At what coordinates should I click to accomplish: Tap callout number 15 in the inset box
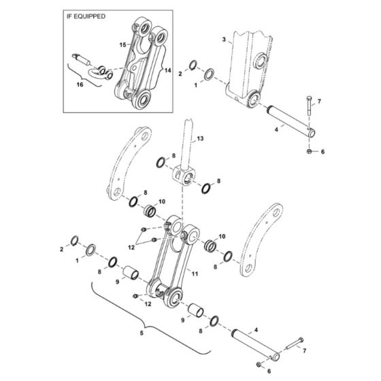(123, 44)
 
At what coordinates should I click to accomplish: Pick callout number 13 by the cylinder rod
(200, 138)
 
